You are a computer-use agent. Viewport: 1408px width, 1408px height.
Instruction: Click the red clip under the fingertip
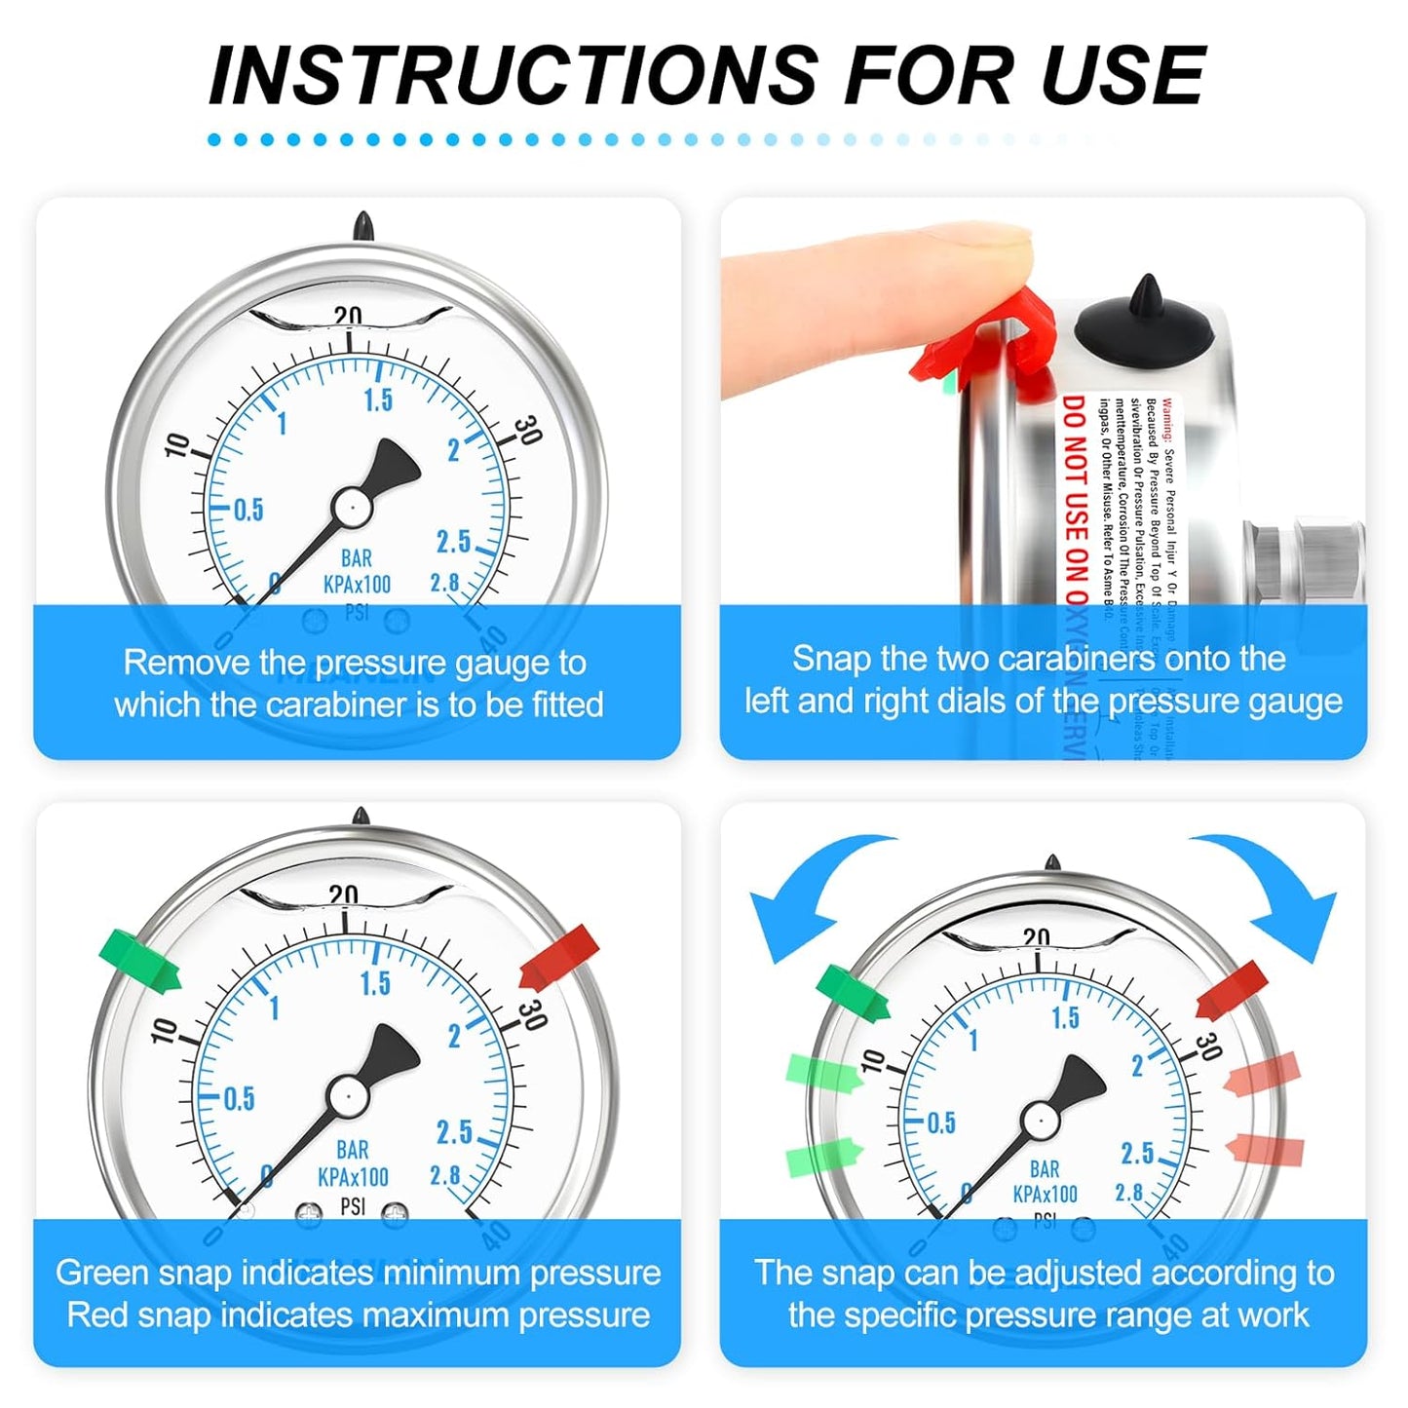984,351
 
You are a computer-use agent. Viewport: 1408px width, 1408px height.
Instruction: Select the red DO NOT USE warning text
1074,507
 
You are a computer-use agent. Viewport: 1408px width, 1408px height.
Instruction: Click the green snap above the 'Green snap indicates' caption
139,961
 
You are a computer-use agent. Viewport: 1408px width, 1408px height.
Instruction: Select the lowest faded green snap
823,1158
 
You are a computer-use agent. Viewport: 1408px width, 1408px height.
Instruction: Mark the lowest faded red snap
1266,1150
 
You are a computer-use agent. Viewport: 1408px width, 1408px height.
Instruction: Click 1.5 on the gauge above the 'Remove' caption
378,400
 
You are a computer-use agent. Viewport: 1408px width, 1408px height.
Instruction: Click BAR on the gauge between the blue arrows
1045,1169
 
